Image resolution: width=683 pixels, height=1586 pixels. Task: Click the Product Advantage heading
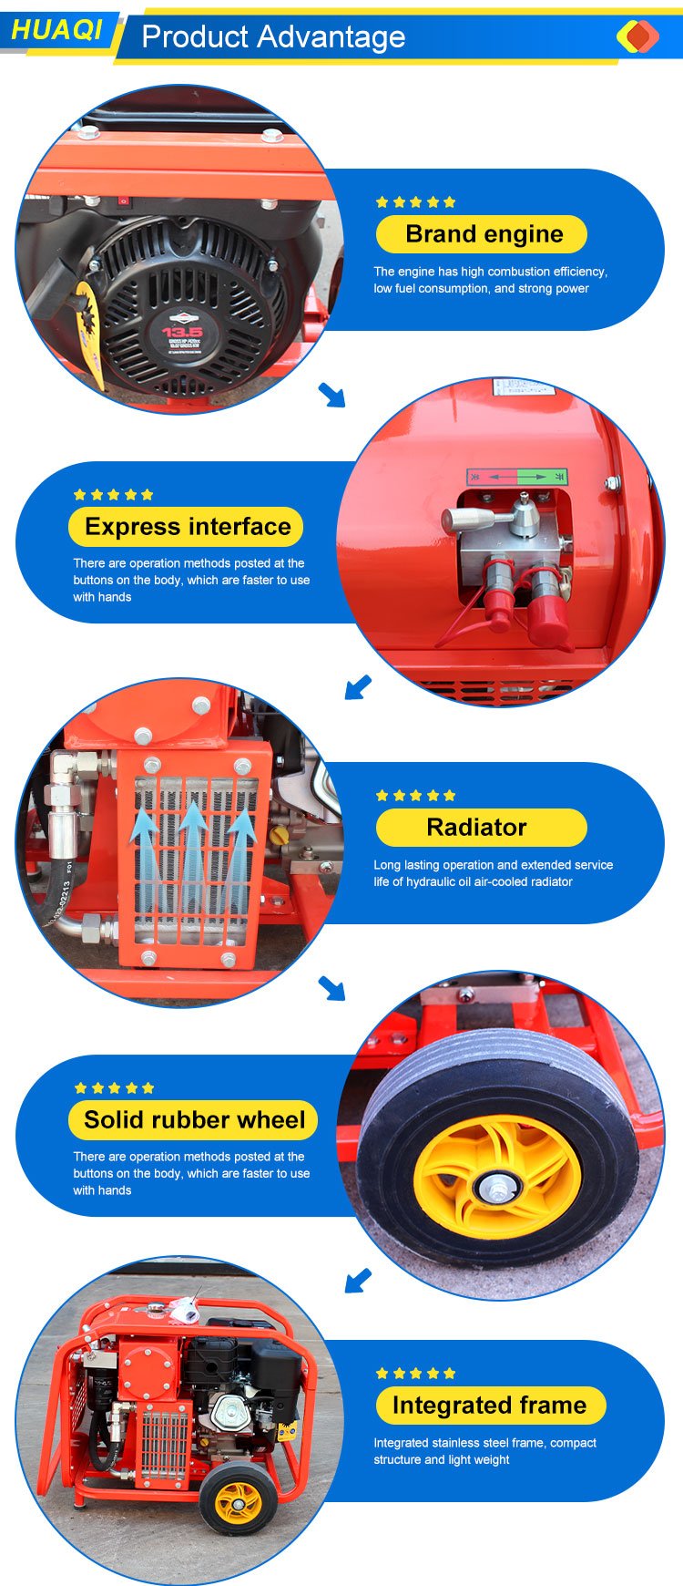(273, 36)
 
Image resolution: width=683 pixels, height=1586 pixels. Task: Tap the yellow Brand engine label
(482, 234)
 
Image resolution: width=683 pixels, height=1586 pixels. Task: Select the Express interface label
(186, 527)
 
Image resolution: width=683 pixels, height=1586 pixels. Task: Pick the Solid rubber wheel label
(193, 1120)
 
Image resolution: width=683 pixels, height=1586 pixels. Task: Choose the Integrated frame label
(491, 1406)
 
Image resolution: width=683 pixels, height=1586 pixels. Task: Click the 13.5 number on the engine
(182, 332)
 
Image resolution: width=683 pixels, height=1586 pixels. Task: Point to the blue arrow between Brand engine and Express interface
(331, 395)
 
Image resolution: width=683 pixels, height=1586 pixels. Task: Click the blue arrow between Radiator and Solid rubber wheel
(331, 988)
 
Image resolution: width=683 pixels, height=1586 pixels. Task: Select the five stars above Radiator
(416, 796)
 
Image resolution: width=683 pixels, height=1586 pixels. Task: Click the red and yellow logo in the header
(637, 36)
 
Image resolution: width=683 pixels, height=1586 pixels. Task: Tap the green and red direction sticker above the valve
(516, 477)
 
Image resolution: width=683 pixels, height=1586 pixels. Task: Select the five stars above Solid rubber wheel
(114, 1088)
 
